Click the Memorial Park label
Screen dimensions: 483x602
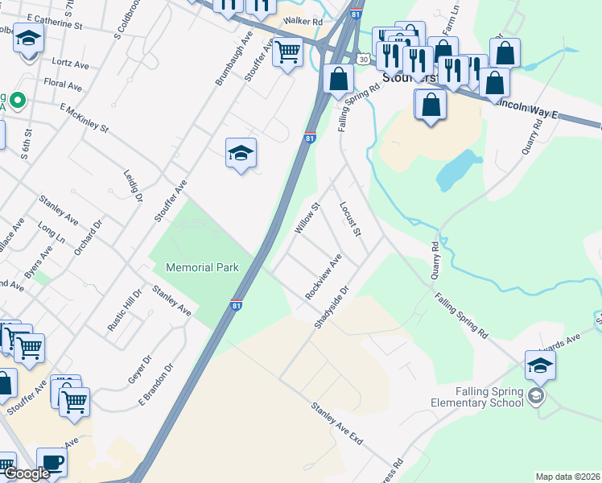202,267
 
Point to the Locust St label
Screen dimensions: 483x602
350,218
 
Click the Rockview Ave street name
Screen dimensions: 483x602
324,276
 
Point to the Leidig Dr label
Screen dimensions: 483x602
133,187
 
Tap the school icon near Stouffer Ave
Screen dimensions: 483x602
241,153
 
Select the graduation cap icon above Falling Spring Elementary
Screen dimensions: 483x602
540,365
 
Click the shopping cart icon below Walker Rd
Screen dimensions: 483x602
287,52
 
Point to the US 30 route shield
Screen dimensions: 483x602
365,59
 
